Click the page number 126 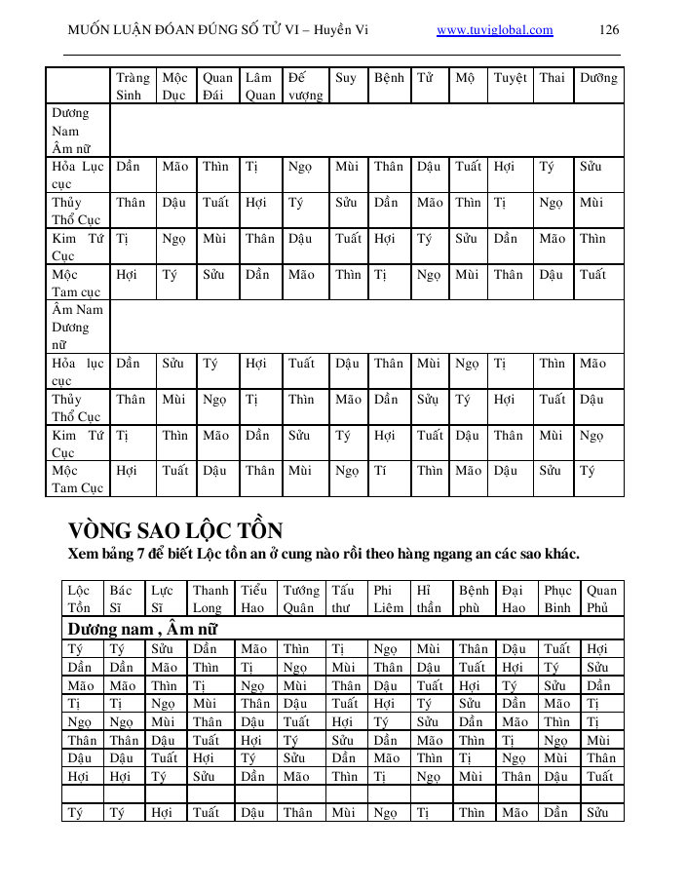tap(609, 30)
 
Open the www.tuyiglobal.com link tap(495, 30)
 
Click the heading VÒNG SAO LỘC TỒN tap(175, 531)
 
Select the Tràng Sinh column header tap(133, 86)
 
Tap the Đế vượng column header tap(305, 86)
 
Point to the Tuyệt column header tap(510, 78)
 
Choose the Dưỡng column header tap(598, 78)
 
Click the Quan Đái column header tap(217, 86)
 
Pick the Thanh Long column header tap(210, 599)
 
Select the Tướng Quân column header tap(300, 599)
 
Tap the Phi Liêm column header tap(388, 599)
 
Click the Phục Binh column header tap(557, 599)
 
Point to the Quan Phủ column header tap(601, 599)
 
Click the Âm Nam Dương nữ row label tap(77, 327)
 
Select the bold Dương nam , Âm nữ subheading tap(142, 629)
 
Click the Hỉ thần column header tap(429, 599)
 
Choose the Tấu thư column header tap(342, 599)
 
